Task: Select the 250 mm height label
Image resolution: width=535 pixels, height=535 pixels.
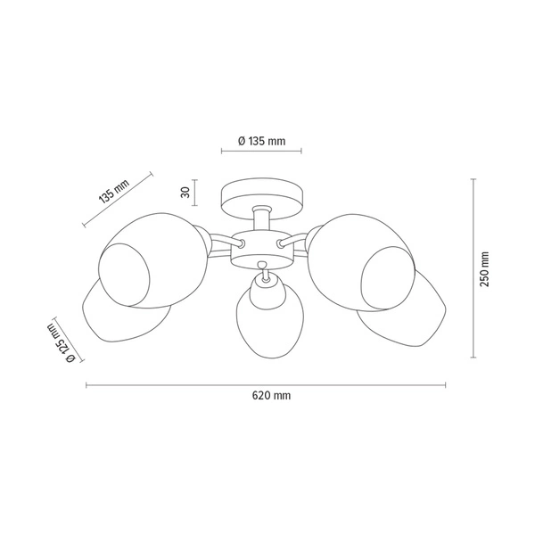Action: click(x=484, y=268)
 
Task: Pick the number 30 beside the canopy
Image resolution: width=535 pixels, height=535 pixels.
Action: click(x=185, y=193)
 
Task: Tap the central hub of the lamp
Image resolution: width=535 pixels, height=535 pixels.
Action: click(x=261, y=249)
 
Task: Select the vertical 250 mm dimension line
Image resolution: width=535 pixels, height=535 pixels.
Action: click(x=472, y=268)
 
